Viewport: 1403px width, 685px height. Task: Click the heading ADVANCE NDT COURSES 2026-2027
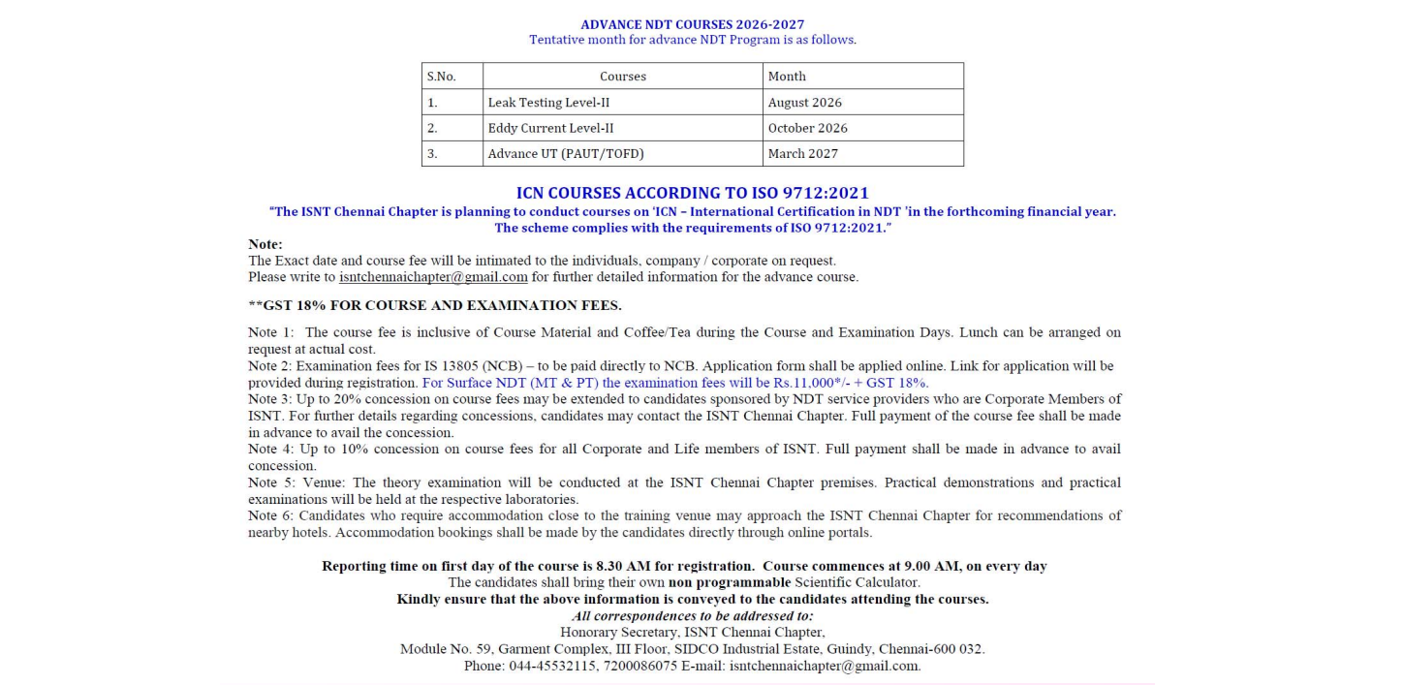coord(692,24)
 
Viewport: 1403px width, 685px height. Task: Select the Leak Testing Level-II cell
coord(548,103)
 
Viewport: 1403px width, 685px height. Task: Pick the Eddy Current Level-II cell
coord(550,128)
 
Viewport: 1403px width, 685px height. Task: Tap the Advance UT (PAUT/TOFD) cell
coord(566,153)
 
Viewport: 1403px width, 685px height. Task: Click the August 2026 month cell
coord(804,103)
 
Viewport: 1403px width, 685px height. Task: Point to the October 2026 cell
coord(807,128)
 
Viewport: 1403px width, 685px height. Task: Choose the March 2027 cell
coord(802,153)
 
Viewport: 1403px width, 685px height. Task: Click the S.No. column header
coord(441,77)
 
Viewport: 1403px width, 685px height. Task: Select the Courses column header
coord(622,77)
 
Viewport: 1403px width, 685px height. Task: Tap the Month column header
coord(787,77)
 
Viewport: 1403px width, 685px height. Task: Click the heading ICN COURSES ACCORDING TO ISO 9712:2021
coord(692,194)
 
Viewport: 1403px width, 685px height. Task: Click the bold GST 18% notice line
coord(435,305)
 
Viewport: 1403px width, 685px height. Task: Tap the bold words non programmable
coord(730,582)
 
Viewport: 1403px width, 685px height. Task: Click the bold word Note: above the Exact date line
coord(265,244)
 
